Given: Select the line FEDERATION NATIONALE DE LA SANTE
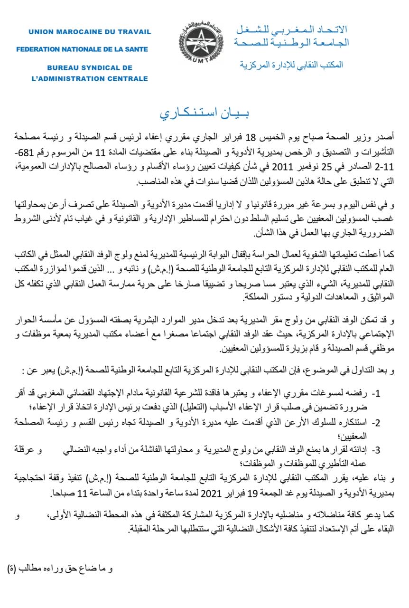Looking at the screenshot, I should point(82,49).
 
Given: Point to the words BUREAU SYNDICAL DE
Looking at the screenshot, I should point(90,68).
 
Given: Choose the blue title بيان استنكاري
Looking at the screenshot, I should point(204,114).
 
